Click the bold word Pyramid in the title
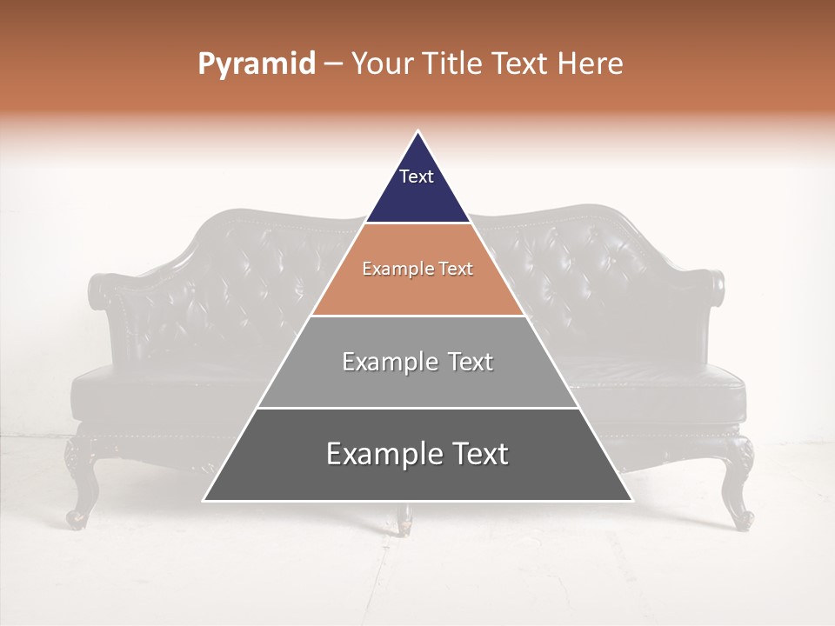point(256,64)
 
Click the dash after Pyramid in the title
point(332,64)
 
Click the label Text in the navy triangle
point(417,176)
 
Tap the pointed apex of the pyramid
point(417,133)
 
